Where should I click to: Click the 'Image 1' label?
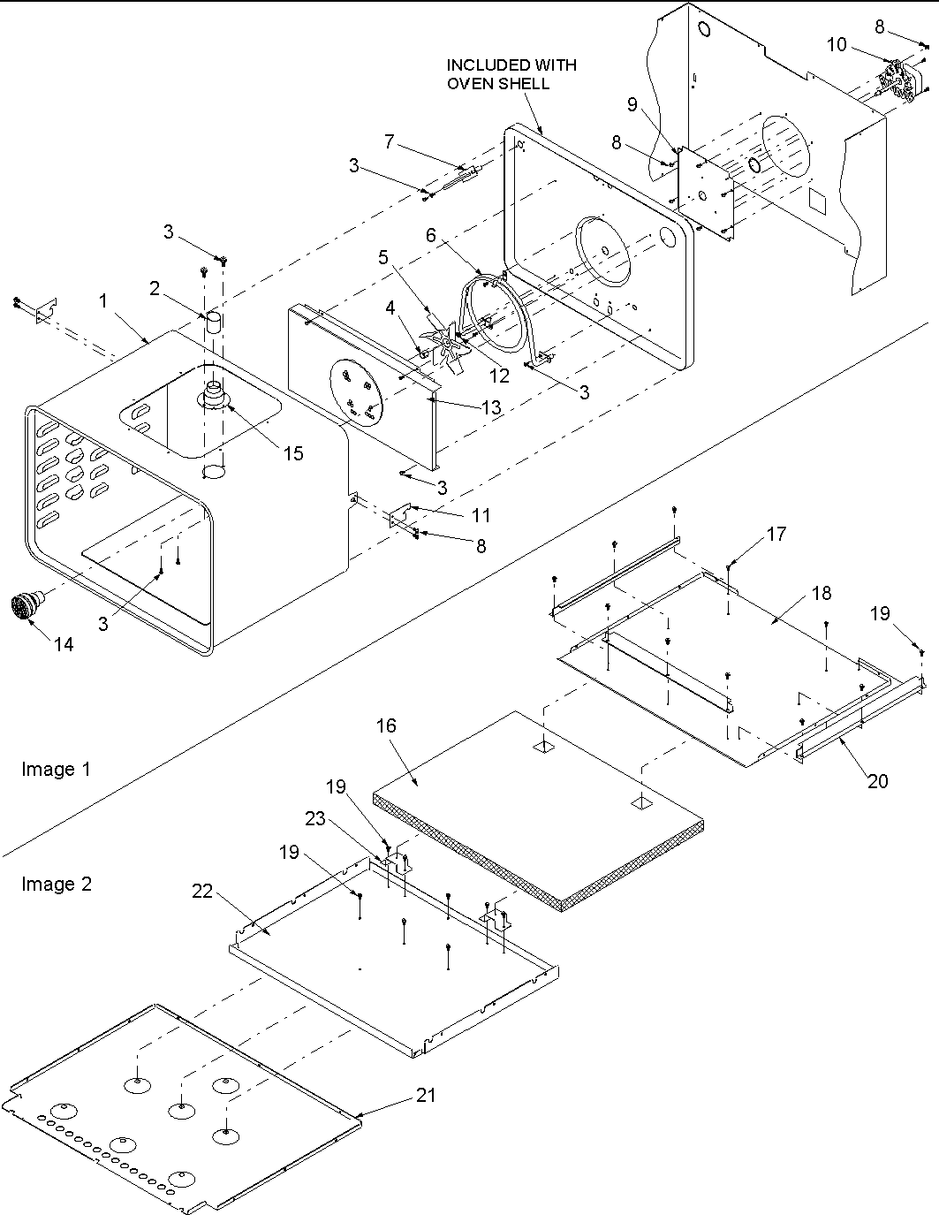(x=56, y=769)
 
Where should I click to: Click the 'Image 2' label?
(x=56, y=884)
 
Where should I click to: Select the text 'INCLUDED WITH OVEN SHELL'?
(x=511, y=74)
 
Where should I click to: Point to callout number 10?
(x=836, y=44)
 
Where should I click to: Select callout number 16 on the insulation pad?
(x=386, y=725)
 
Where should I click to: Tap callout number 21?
(x=428, y=1095)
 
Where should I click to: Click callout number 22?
(x=202, y=892)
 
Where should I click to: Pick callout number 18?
(x=822, y=593)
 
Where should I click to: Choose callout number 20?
(x=877, y=780)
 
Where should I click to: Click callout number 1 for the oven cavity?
(x=103, y=300)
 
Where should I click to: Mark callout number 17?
(x=776, y=534)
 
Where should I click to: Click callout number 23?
(x=315, y=818)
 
